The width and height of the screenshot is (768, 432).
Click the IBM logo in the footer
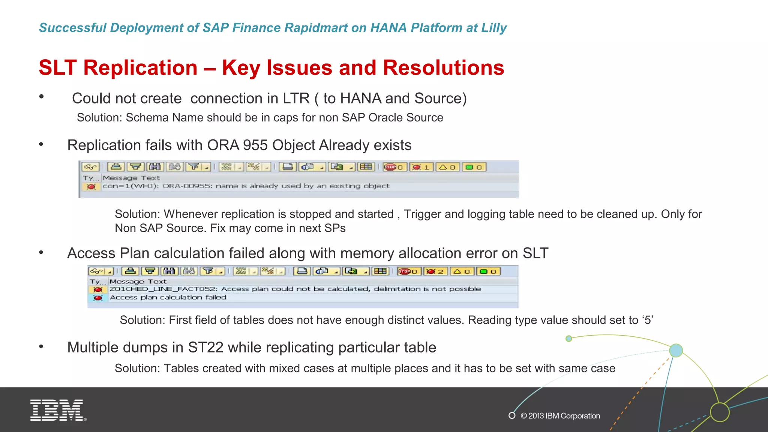click(57, 410)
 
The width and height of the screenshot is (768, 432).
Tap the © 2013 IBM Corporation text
click(560, 415)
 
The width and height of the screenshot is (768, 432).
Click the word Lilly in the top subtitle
click(493, 28)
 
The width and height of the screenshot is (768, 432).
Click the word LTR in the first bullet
click(296, 99)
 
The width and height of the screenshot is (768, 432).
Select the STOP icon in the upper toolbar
click(390, 167)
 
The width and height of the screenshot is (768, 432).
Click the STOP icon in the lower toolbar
click(405, 271)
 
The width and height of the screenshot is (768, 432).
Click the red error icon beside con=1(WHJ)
click(91, 186)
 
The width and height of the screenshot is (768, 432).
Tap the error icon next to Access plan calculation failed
click(98, 298)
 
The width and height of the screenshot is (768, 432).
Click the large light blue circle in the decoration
click(676, 350)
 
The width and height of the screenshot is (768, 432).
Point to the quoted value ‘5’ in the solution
click(648, 320)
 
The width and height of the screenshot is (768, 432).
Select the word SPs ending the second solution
click(335, 228)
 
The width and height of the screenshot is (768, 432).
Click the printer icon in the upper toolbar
click(288, 167)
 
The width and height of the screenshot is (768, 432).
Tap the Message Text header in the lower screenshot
click(138, 281)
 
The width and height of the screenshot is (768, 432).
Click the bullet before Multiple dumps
click(41, 347)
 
